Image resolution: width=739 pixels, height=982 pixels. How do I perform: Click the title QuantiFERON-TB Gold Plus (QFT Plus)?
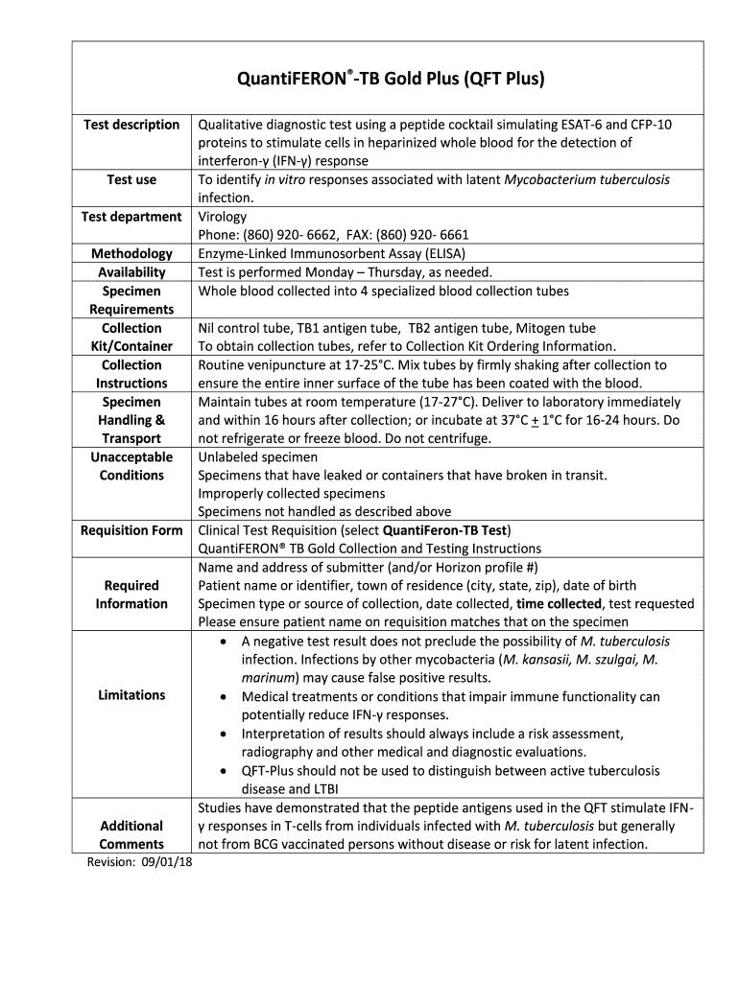coord(391,78)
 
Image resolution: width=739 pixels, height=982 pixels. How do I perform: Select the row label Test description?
coord(131,125)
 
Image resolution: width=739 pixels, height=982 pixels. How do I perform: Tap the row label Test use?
coord(131,179)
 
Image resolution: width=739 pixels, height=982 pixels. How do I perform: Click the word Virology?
coord(222,217)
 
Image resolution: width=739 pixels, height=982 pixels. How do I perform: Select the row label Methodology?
coord(131,253)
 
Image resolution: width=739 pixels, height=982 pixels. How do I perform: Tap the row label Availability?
coord(131,272)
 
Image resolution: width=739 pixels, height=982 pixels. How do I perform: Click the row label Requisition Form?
coord(131,530)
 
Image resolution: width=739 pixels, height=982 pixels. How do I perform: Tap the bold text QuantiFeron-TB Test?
coord(445,530)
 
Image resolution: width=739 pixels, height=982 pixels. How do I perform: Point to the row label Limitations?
coord(131,695)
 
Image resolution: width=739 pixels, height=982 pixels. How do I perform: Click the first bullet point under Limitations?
coord(224,642)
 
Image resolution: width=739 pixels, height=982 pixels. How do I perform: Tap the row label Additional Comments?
coord(131,835)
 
